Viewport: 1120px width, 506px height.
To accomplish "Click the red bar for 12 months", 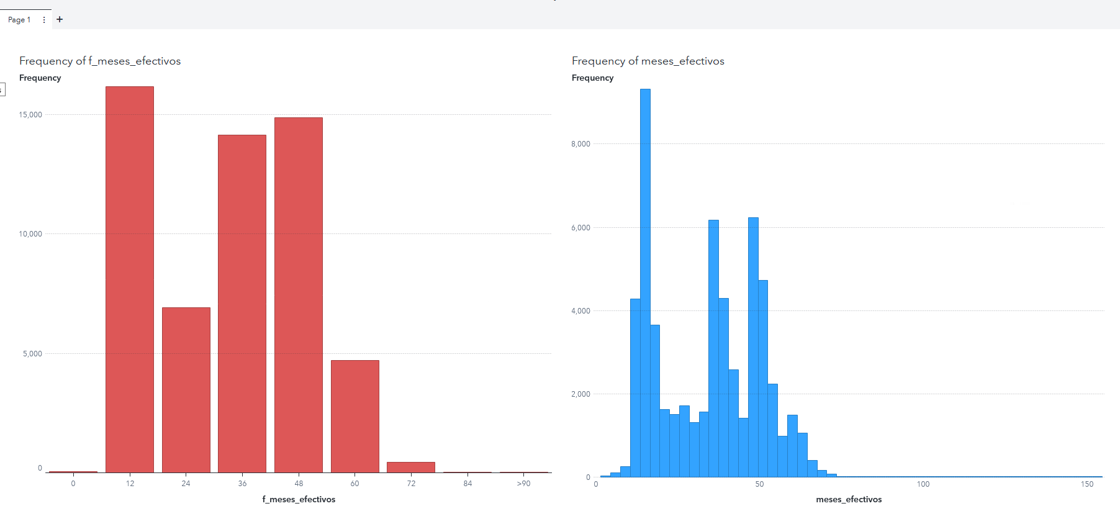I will pos(130,279).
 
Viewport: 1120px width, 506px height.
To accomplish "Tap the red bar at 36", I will pos(242,304).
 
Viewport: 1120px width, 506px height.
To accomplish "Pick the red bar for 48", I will pos(299,295).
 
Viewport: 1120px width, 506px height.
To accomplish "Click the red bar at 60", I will pos(355,416).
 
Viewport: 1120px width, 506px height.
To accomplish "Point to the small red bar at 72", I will pos(411,467).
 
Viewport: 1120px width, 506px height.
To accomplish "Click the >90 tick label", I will pos(524,484).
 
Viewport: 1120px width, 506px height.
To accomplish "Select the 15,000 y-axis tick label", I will pos(30,115).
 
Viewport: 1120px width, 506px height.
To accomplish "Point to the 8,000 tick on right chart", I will pos(580,144).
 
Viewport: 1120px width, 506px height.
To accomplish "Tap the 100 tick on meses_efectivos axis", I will pos(923,484).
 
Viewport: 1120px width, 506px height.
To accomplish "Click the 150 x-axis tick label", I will pos(1087,484).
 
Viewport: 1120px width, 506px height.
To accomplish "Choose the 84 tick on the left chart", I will pos(467,484).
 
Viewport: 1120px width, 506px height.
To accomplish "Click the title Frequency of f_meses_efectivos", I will pos(100,61).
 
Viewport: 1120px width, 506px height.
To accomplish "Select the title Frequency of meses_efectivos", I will pos(648,61).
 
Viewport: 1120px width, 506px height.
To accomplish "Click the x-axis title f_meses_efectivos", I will pos(299,499).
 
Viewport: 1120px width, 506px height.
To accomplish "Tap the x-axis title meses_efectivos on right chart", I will pos(849,499).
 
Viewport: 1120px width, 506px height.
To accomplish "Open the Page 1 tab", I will pos(19,20).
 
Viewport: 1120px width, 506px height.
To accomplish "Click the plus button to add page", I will pos(60,19).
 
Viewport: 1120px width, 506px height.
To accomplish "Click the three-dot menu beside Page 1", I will pos(44,20).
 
